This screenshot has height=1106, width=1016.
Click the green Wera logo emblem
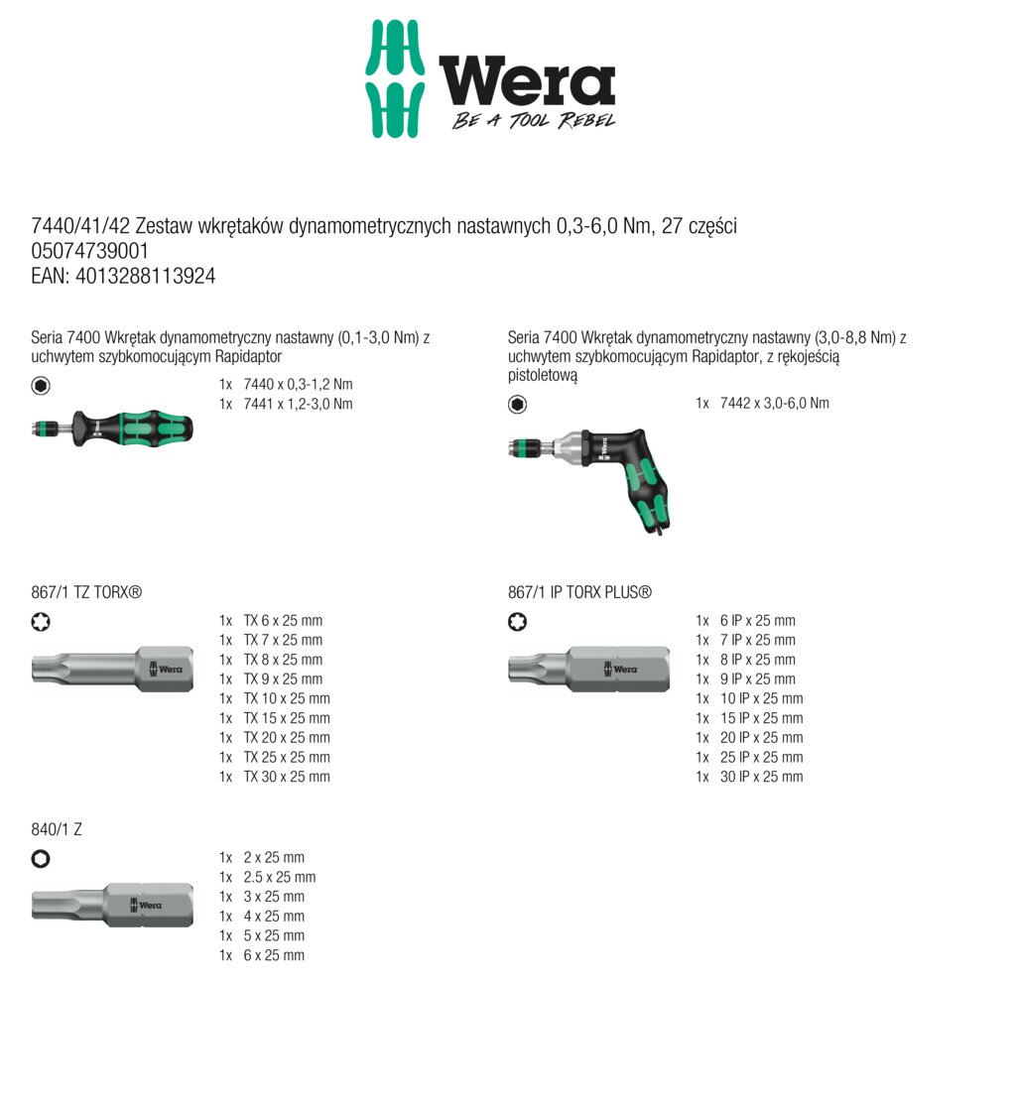pos(395,79)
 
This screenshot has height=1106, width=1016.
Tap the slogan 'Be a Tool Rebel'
pos(534,121)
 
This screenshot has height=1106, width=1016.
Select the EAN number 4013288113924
pos(123,277)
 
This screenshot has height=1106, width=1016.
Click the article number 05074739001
pos(90,252)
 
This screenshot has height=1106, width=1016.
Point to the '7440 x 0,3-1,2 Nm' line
pos(298,384)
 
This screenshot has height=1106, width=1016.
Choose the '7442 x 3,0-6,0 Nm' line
pos(774,403)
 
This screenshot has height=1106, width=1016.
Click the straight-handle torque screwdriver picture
pos(112,429)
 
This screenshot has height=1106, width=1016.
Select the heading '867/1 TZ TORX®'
pos(86,592)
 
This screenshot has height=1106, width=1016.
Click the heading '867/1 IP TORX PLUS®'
pos(579,592)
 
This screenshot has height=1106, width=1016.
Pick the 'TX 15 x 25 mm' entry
pos(286,718)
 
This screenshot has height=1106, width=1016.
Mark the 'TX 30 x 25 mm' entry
pos(286,777)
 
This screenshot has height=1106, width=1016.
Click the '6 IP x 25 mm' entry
pos(758,621)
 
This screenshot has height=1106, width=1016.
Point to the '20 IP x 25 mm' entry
pos(762,738)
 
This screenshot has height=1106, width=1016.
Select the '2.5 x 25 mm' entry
pos(279,877)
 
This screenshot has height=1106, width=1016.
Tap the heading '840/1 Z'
pos(57,829)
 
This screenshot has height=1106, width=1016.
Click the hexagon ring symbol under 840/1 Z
pos(41,859)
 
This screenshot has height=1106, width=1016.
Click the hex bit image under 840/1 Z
pos(112,904)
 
